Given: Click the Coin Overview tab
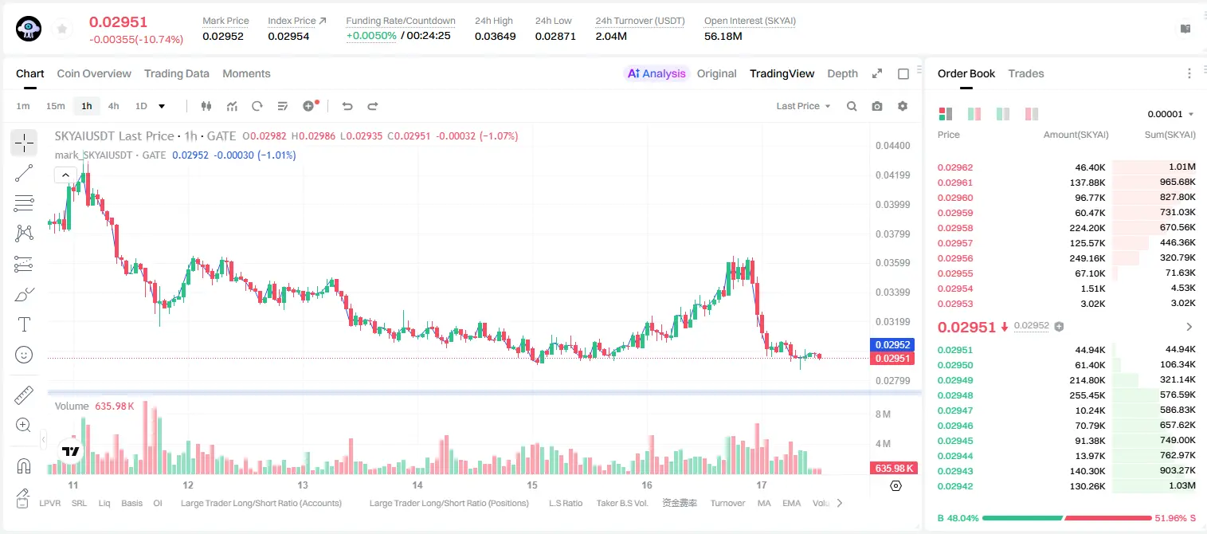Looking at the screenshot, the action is click(x=94, y=73).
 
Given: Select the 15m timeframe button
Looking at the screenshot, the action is click(x=55, y=106).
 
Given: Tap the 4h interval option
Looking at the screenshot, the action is click(x=113, y=106).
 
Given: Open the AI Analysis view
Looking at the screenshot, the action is click(x=656, y=73).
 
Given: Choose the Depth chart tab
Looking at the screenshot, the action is click(x=842, y=73).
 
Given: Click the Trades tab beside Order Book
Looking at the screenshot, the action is click(x=1026, y=73).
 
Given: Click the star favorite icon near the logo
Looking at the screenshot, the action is click(x=62, y=29).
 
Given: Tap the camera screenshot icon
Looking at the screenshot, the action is click(x=877, y=106).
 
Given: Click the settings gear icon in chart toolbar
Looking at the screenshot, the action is click(x=903, y=106).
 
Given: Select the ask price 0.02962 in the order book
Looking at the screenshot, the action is click(x=954, y=167).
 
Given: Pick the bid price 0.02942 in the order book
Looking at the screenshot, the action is click(x=954, y=486).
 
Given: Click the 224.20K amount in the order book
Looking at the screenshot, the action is click(x=1087, y=228).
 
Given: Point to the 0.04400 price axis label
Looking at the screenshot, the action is click(x=893, y=146).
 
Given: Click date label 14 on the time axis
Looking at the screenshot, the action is click(x=417, y=485).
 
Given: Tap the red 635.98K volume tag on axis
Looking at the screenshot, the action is click(x=893, y=469).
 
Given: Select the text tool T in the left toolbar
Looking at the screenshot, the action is click(x=24, y=324).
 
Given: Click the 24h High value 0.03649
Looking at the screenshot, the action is click(x=495, y=36).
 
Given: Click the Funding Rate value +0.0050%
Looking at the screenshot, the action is click(x=371, y=36).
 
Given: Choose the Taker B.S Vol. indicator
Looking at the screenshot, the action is click(x=621, y=503).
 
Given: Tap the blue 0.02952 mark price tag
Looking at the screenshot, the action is click(x=892, y=345).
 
